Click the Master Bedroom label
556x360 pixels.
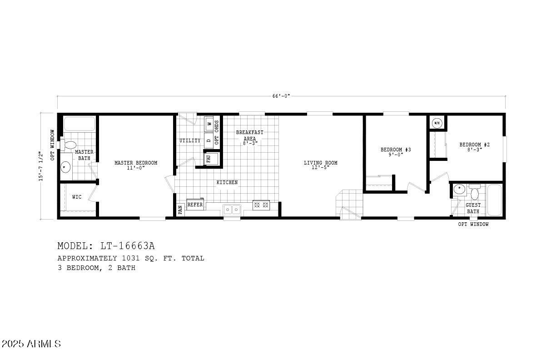click(136, 163)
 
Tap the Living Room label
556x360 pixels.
click(320, 163)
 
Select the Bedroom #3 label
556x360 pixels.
click(395, 150)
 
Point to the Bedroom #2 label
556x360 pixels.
click(474, 145)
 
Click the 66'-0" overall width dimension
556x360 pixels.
click(281, 96)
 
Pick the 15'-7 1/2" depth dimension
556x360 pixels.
click(41, 166)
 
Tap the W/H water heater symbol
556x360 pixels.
click(437, 123)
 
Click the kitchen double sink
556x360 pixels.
click(232, 209)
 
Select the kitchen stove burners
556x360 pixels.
click(261, 205)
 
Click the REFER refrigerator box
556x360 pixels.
click(195, 205)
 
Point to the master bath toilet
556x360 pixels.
click(69, 145)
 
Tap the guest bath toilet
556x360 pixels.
click(475, 193)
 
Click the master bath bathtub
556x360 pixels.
click(79, 124)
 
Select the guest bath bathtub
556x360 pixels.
click(494, 200)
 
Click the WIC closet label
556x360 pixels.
click(77, 197)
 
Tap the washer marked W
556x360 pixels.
click(209, 123)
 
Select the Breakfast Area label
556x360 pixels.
click(249, 135)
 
